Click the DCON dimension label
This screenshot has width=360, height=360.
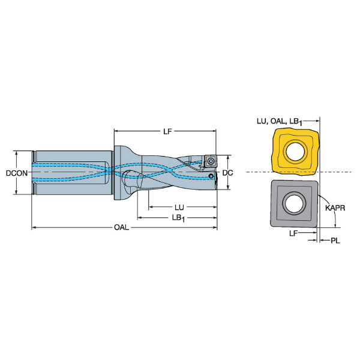coord(17,173)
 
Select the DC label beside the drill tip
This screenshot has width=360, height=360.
coord(227,173)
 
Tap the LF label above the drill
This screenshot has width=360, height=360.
coord(167,131)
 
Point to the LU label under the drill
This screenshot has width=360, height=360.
coord(179,208)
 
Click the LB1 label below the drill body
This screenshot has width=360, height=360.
coord(179,218)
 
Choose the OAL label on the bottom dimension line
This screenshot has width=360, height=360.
coord(121,227)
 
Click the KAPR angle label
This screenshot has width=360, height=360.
coord(335,208)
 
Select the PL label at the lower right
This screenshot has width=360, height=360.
coord(335,241)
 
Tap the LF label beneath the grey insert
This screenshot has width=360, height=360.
coord(293,233)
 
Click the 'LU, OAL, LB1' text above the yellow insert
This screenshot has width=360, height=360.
coord(280,121)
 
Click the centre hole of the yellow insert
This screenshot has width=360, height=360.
coord(295,152)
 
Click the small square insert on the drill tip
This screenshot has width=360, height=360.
coord(210,161)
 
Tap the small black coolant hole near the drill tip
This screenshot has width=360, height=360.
coord(211,176)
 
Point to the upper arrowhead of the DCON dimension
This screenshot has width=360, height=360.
coord(16,153)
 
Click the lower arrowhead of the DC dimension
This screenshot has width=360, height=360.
coord(227,187)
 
